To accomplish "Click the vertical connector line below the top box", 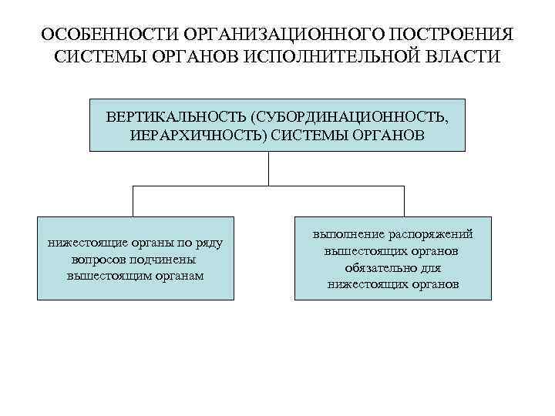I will tap(268, 168).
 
